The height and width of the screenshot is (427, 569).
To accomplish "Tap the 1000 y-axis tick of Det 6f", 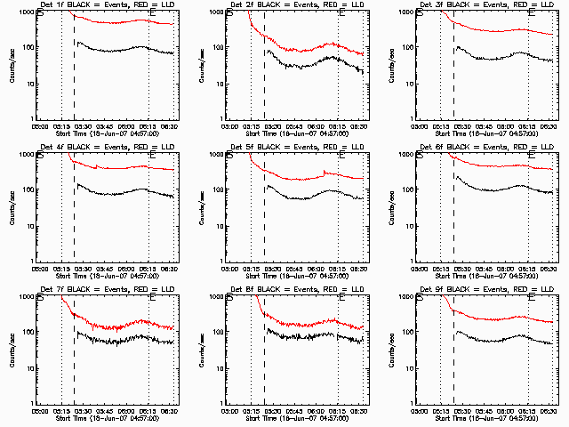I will point(404,155).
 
